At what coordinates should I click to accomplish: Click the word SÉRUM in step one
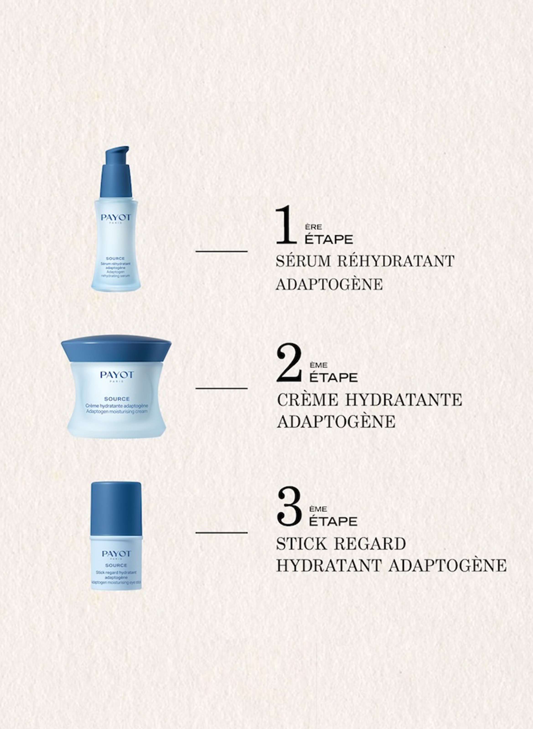(x=303, y=261)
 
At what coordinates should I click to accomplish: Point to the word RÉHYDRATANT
(x=396, y=261)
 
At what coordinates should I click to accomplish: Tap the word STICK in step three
(x=302, y=544)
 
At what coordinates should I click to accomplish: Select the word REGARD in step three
(x=370, y=544)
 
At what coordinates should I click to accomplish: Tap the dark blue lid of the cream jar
(x=116, y=349)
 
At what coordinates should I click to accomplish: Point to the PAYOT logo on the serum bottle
(x=116, y=217)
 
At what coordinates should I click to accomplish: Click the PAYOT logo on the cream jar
(x=117, y=375)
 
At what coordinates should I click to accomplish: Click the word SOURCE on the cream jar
(x=117, y=399)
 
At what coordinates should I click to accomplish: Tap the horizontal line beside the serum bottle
(x=221, y=252)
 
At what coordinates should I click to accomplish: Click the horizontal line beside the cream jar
(x=221, y=388)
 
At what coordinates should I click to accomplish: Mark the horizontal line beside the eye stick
(x=221, y=533)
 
